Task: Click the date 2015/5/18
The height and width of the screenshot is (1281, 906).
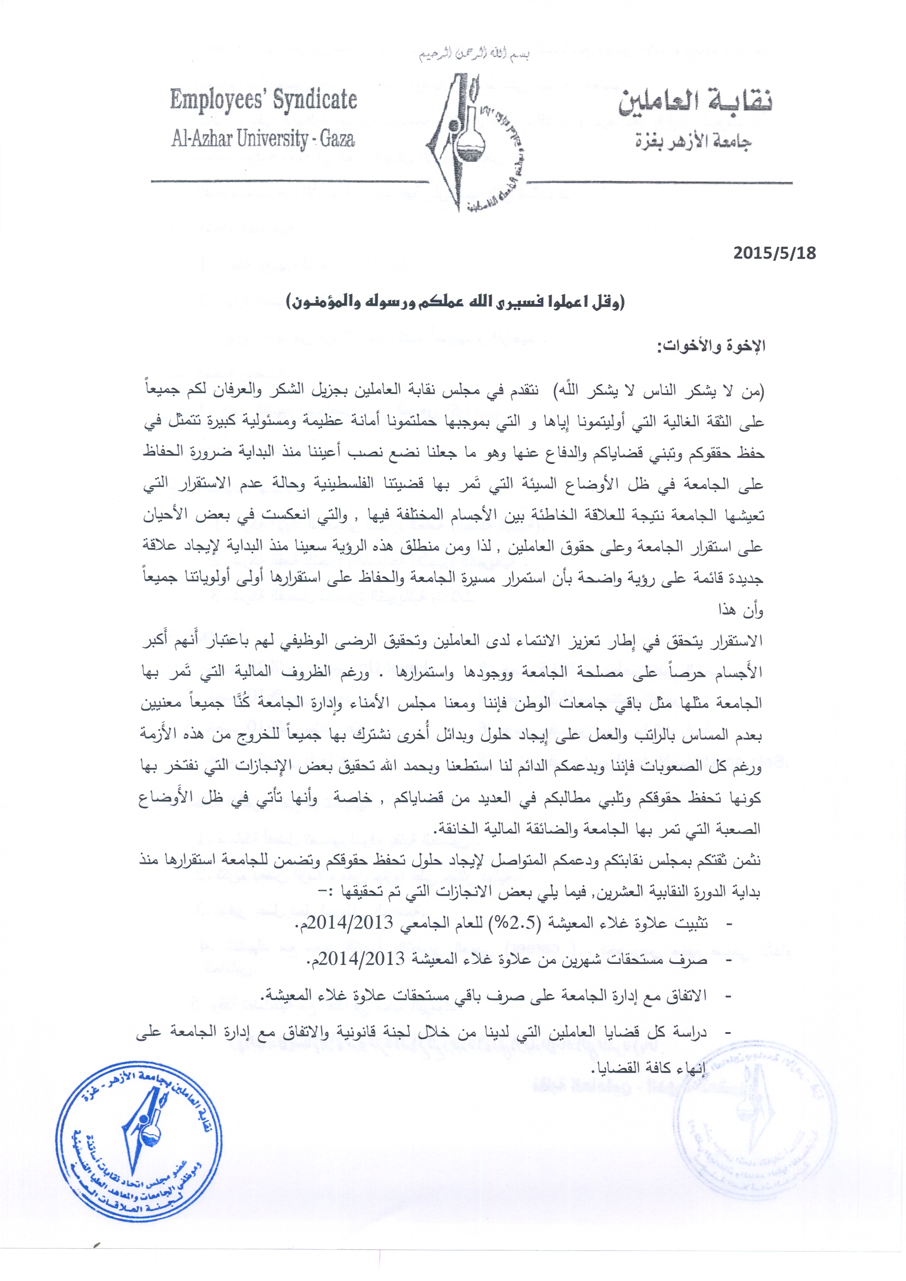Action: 774,253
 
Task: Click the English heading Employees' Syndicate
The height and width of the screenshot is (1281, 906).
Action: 263,100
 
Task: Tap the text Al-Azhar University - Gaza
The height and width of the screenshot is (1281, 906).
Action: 263,139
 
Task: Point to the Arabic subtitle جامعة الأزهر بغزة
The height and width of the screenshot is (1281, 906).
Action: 693,141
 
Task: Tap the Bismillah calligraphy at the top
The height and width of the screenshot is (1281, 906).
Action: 474,55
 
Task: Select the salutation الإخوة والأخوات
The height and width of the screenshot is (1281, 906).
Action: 711,346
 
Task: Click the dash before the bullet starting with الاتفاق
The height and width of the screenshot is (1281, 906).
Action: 728,996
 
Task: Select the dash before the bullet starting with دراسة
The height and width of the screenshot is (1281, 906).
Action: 728,1033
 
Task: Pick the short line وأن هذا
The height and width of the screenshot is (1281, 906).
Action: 740,610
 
